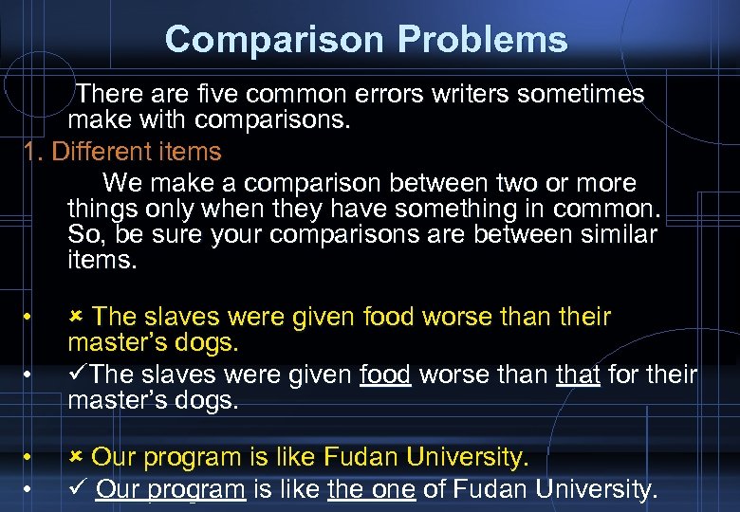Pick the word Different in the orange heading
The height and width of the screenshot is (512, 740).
pyautogui.click(x=103, y=152)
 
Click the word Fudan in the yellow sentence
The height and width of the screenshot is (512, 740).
pyautogui.click(x=361, y=458)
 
